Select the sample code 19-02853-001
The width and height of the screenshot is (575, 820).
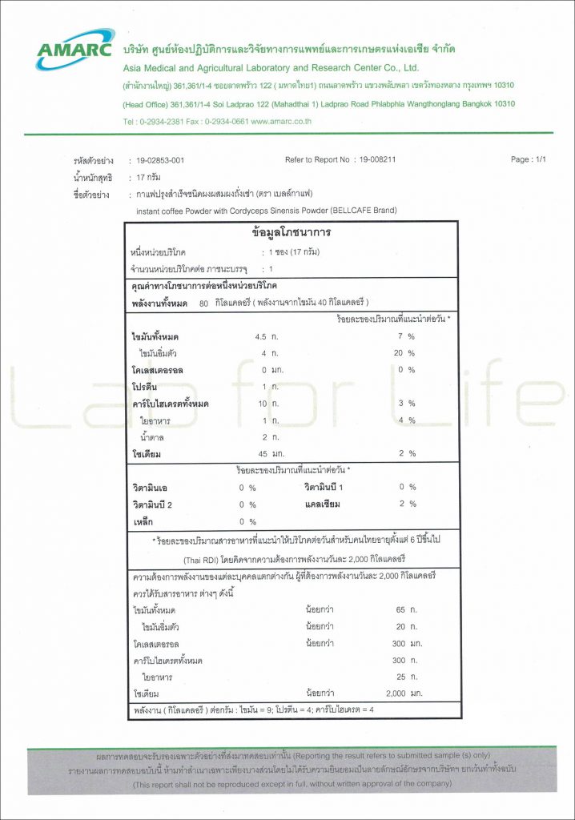tap(161, 160)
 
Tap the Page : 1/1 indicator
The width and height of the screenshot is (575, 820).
tap(528, 160)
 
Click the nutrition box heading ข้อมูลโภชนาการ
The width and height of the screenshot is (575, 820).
tap(291, 233)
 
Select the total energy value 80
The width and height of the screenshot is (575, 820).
tap(203, 303)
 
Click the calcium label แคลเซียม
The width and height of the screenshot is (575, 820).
tap(324, 504)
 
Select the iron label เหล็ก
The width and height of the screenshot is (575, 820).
tap(143, 521)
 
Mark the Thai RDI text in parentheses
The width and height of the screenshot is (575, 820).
tap(204, 558)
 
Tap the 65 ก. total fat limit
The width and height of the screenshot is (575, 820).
tap(407, 609)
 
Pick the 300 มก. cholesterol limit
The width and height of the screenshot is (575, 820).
tap(407, 643)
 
